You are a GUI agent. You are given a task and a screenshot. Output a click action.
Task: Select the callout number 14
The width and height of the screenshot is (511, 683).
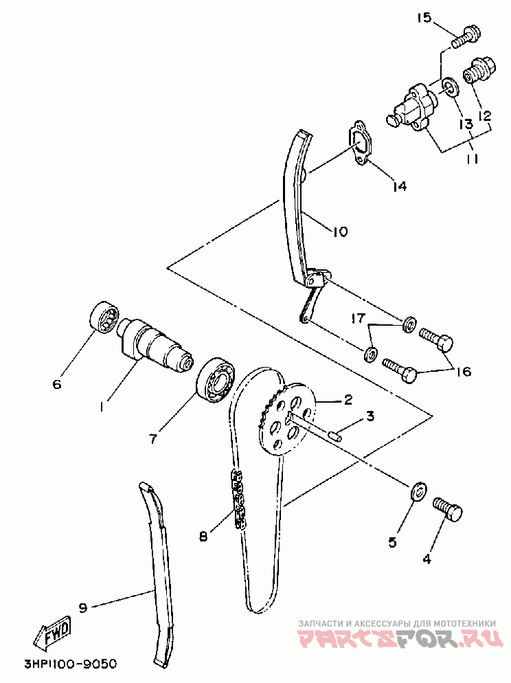tap(399, 186)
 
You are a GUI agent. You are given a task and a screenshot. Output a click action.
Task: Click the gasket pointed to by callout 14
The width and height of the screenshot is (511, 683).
tap(360, 144)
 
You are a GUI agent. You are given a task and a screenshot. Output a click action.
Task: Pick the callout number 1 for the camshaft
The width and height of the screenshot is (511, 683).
tap(101, 406)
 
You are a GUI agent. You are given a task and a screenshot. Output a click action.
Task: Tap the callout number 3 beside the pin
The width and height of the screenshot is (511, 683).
tap(370, 416)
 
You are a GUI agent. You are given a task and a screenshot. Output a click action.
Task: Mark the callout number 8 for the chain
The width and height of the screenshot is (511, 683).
tap(203, 536)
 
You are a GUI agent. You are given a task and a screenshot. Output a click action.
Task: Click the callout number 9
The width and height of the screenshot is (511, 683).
tap(82, 607)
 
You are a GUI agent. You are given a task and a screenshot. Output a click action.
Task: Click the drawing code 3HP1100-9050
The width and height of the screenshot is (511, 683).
tap(70, 664)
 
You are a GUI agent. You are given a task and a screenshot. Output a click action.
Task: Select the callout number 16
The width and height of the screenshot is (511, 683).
tap(463, 372)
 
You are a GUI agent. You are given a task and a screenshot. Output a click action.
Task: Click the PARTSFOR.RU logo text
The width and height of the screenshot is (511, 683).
tap(398, 638)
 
